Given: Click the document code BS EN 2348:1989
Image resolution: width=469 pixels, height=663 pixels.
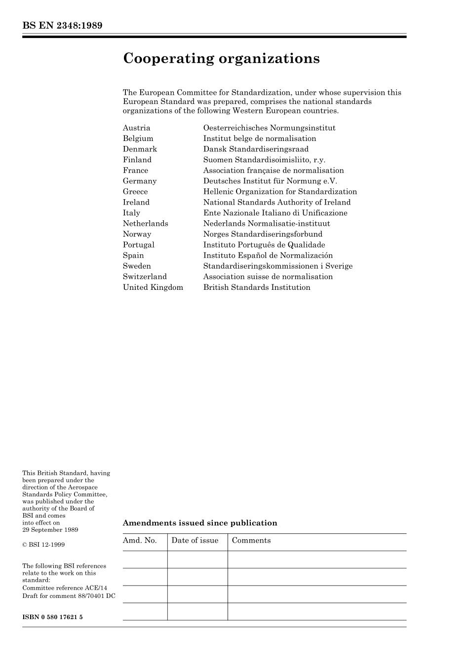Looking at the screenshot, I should (62, 26).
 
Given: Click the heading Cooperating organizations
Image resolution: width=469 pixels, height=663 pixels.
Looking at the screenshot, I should (221, 59).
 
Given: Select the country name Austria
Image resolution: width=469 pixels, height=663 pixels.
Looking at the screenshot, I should (136, 128).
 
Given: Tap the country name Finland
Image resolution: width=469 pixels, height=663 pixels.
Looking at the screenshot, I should (137, 160).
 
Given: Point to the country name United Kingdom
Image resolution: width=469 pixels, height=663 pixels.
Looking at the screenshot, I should (153, 287).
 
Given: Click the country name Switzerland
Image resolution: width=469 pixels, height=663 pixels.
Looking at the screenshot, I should (145, 277).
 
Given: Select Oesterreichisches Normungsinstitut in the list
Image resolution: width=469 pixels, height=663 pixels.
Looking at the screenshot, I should (269, 128).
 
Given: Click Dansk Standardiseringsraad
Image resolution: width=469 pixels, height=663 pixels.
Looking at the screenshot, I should (256, 149).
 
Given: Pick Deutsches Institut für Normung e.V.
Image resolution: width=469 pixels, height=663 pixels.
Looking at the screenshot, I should (270, 181).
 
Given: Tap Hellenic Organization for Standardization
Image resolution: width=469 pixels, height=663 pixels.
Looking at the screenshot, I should (280, 192).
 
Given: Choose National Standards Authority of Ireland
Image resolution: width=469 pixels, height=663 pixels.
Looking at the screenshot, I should (277, 202).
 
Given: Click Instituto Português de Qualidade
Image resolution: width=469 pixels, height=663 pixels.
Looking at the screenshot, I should (264, 245).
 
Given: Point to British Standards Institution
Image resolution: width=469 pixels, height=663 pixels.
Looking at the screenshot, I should (257, 287).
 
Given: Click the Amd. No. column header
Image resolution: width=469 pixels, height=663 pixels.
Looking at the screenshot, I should (140, 541).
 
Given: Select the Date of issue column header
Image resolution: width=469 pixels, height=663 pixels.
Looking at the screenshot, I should (195, 541).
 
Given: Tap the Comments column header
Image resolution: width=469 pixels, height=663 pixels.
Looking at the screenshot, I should (251, 541).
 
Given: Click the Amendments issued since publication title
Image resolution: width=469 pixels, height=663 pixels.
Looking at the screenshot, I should (200, 523).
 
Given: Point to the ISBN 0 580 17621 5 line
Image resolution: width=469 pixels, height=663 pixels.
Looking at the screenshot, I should (52, 617).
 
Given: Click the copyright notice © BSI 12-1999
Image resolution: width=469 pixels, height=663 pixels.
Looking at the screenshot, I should (43, 545).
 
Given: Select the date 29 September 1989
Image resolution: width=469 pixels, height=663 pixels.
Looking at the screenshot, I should (50, 530).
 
